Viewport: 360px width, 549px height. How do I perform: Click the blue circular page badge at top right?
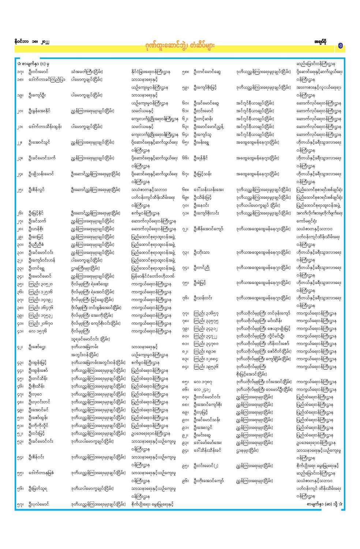(x=340, y=46)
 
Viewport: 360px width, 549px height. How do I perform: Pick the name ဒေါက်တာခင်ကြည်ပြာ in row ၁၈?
(x=47, y=79)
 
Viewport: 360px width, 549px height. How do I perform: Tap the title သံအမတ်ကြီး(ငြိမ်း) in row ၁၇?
(x=87, y=72)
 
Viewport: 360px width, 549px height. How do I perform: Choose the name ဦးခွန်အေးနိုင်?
(x=40, y=111)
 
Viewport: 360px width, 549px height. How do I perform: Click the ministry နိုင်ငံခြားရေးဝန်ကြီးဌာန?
(x=150, y=72)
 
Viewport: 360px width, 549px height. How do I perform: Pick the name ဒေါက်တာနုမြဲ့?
(x=41, y=473)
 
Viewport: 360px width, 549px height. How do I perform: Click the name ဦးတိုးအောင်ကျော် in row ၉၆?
(x=209, y=481)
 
